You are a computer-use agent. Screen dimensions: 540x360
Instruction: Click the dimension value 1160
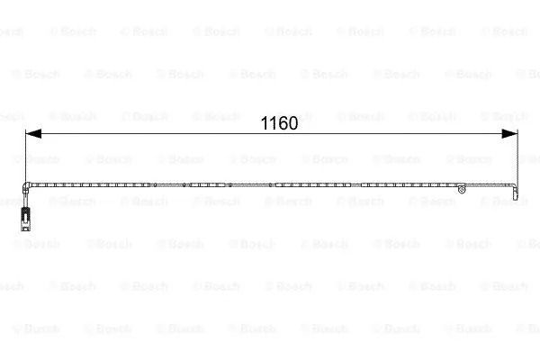pyautogui.click(x=279, y=123)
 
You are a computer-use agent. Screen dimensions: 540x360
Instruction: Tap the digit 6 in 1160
pyautogui.click(x=283, y=123)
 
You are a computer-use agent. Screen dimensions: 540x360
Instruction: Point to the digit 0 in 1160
pyautogui.click(x=293, y=123)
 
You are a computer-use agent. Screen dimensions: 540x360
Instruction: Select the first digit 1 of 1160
pyautogui.click(x=265, y=123)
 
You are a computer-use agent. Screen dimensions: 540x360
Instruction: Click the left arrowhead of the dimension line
pyautogui.click(x=33, y=134)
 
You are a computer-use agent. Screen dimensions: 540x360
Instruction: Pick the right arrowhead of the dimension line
pyautogui.click(x=509, y=134)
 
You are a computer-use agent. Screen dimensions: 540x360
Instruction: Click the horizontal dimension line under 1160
pyautogui.click(x=272, y=134)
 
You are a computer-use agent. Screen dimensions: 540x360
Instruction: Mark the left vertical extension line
pyautogui.click(x=25, y=156)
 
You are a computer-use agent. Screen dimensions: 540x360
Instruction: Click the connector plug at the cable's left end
pyautogui.click(x=26, y=220)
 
